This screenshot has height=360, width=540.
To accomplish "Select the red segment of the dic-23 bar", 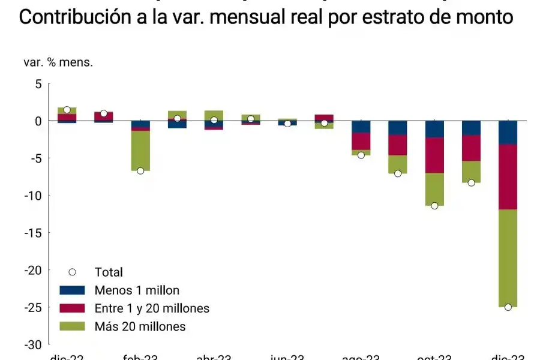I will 508,176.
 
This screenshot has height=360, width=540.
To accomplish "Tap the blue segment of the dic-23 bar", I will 508,132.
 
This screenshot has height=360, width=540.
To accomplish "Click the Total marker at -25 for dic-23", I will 508,307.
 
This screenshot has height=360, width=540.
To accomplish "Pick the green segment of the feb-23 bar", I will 140,150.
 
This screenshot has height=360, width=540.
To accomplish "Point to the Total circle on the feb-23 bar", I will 140,171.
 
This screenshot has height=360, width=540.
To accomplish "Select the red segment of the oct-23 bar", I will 434,155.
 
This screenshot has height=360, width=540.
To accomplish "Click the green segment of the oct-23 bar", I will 434,188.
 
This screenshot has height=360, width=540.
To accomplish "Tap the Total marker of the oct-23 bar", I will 434,206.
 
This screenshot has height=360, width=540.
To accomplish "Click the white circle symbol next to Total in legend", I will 73,272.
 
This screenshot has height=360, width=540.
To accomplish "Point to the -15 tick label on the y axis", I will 33,233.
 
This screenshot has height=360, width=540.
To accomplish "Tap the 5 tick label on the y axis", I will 38,84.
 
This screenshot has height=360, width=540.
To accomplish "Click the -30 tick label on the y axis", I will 33,344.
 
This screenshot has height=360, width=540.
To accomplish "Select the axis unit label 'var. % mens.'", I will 58,62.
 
